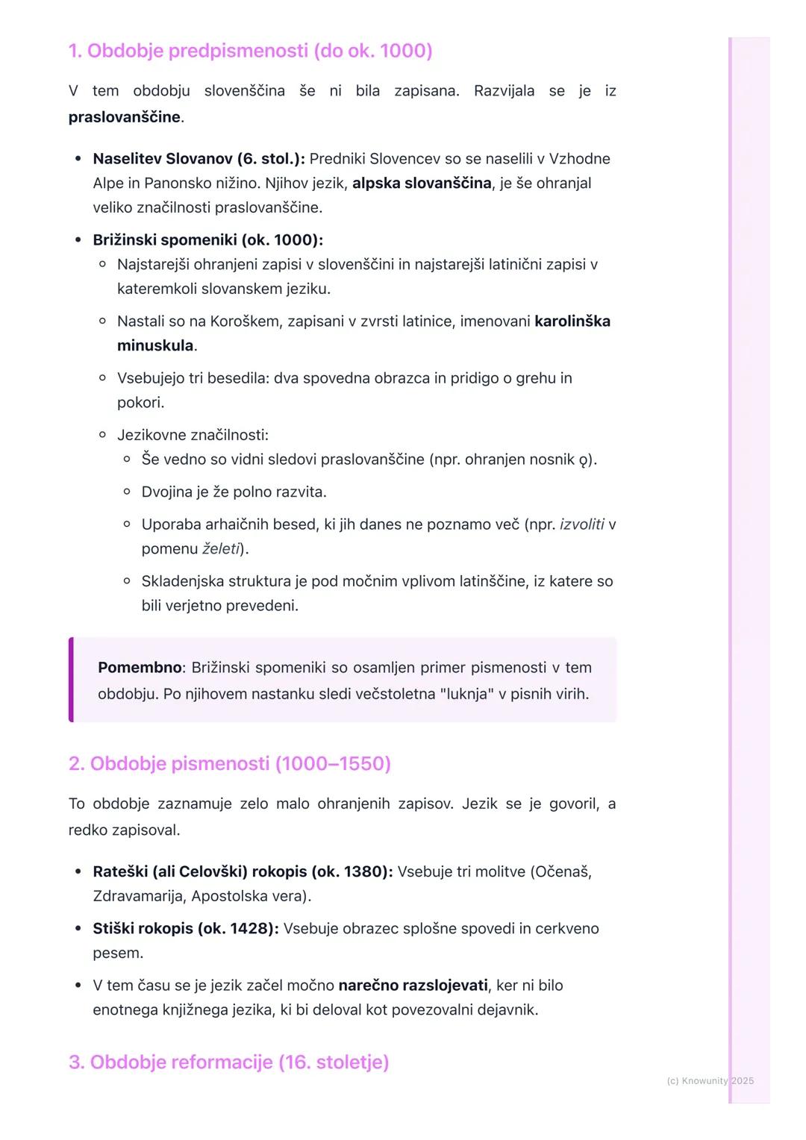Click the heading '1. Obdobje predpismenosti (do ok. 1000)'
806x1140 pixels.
tap(250, 51)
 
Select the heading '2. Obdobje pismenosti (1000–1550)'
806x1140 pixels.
tap(230, 764)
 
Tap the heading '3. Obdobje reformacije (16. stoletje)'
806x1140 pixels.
tap(228, 1062)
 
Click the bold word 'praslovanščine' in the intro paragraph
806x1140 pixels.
tap(124, 117)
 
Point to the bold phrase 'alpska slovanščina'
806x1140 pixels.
tap(422, 184)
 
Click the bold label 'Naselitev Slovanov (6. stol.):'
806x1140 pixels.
tap(199, 159)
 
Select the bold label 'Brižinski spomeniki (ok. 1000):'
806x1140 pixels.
tap(207, 240)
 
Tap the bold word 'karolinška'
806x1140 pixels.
tap(572, 322)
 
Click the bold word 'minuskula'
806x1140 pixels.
tap(155, 346)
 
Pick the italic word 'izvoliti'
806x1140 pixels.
tap(581, 524)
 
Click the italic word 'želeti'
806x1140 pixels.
tap(221, 549)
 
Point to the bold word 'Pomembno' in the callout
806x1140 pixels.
tap(140, 668)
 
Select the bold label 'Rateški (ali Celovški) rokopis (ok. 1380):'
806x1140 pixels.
tap(243, 871)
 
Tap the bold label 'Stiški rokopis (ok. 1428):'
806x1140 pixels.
tap(186, 929)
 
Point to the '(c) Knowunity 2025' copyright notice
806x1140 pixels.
tap(710, 1081)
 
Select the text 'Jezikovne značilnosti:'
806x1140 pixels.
tap(193, 435)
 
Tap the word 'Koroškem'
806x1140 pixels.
tap(244, 322)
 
